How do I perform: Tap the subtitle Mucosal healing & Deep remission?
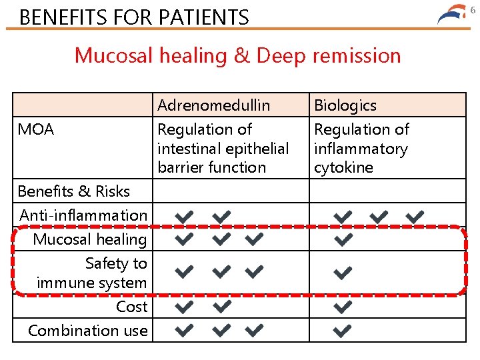pos(238,55)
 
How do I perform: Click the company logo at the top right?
pos(453,15)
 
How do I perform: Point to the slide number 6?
pos(473,9)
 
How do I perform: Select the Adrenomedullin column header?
pos(213,105)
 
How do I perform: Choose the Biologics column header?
pos(345,105)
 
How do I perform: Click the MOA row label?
pos(36,129)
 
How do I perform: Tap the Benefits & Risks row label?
pos(74,191)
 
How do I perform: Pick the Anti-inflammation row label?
pos(83,215)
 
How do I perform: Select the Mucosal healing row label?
pos(90,239)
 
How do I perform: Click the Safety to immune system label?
pos(92,273)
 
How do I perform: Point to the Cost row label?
pos(131,307)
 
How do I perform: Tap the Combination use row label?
pos(88,331)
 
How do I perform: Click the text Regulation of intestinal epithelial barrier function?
pos(223,148)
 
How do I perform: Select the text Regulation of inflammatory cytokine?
pos(361,148)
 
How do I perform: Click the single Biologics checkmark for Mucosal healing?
pos(343,239)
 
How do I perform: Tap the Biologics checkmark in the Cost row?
pos(343,307)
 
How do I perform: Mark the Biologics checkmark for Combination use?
pos(343,331)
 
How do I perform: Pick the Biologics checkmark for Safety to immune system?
pos(343,272)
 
